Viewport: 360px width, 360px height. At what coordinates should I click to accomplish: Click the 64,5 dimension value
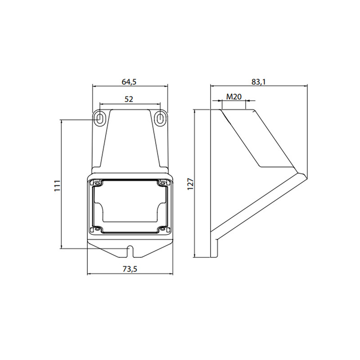tap(129, 82)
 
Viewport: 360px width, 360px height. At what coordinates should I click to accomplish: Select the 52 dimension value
tap(129, 99)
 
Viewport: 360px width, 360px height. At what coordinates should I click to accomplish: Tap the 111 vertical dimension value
tap(57, 186)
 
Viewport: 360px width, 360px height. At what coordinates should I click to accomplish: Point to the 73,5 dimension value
tap(130, 269)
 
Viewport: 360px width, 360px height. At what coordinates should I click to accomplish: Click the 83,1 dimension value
tap(258, 82)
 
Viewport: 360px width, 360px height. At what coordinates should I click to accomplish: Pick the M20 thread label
tap(234, 97)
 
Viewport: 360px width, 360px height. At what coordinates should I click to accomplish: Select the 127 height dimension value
tap(190, 184)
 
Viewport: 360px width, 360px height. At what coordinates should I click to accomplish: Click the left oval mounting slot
tap(100, 119)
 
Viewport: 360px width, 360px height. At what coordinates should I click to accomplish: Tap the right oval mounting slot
tap(160, 119)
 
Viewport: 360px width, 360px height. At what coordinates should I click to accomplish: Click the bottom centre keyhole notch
tap(130, 252)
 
